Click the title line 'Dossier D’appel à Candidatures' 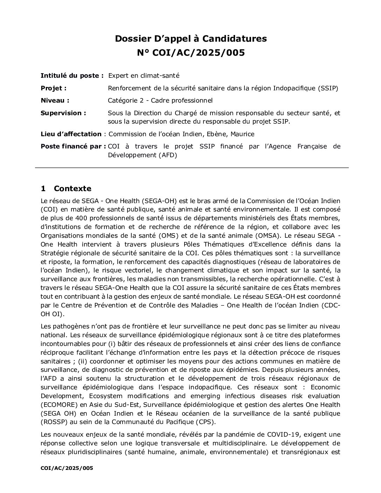click(x=190, y=39)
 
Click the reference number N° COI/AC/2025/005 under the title click(x=190, y=53)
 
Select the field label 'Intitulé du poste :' click(x=72, y=75)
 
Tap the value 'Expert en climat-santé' click(x=144, y=75)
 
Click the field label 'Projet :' click(x=54, y=88)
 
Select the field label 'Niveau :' click(x=55, y=100)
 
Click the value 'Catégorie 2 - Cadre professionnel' click(x=160, y=100)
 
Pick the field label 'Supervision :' click(x=63, y=113)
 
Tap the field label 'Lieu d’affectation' click(x=71, y=134)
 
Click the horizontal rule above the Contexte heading click(x=192, y=168)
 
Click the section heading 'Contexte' click(x=72, y=189)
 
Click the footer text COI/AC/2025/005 click(x=67, y=468)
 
